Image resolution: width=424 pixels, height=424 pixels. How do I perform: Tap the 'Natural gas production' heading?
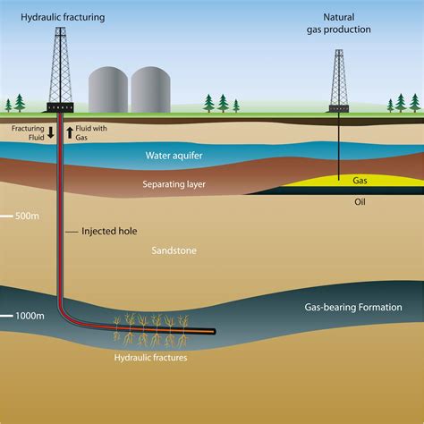click(x=337, y=21)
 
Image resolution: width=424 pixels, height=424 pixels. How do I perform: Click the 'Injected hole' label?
click(x=108, y=230)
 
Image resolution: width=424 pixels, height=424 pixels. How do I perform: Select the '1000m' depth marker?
click(x=30, y=317)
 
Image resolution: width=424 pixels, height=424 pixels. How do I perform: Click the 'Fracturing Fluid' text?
click(x=26, y=132)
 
